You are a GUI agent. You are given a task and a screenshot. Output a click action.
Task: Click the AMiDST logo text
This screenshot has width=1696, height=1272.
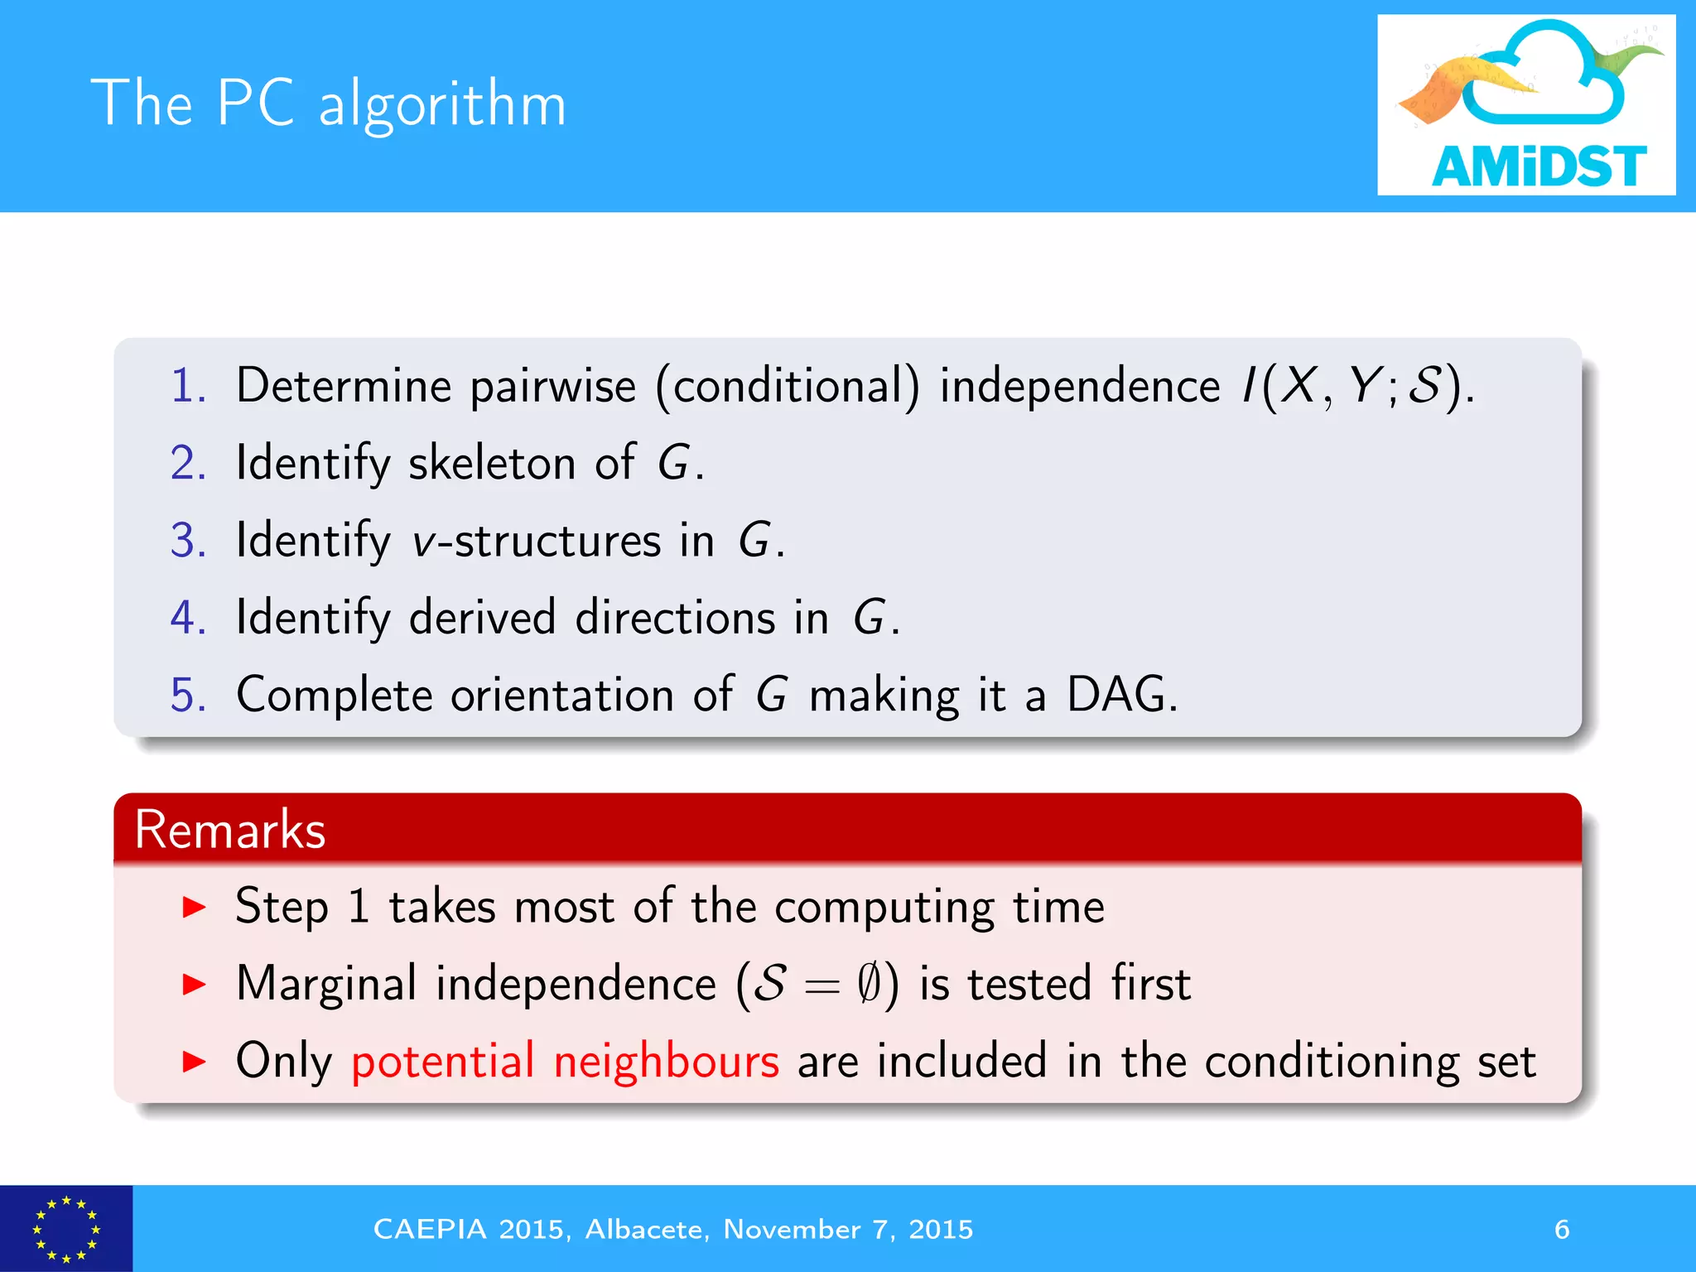pyautogui.click(x=1538, y=166)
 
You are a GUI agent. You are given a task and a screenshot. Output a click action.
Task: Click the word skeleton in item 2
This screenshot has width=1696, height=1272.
pyautogui.click(x=492, y=462)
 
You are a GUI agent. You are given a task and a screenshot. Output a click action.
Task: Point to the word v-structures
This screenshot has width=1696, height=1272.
pyautogui.click(x=536, y=541)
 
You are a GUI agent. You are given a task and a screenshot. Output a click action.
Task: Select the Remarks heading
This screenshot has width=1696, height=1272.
pyautogui.click(x=230, y=829)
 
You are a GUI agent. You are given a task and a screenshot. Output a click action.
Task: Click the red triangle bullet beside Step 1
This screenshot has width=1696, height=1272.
pyautogui.click(x=194, y=908)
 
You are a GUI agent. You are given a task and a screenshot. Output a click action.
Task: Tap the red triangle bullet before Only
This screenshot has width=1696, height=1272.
pyautogui.click(x=194, y=1062)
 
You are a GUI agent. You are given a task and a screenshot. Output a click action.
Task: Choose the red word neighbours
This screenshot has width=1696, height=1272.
pyautogui.click(x=666, y=1062)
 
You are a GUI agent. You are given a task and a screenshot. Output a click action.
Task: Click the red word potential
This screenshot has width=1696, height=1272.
pyautogui.click(x=443, y=1062)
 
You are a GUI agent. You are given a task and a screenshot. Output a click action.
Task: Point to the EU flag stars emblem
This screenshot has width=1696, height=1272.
pyautogui.click(x=65, y=1229)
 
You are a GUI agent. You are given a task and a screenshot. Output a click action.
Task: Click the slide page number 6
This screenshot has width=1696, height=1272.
pyautogui.click(x=1561, y=1229)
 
